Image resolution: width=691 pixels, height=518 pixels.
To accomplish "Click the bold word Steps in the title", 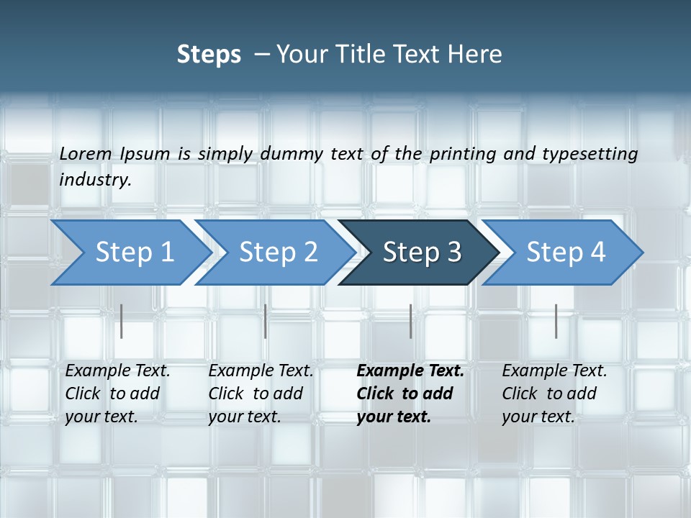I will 209,55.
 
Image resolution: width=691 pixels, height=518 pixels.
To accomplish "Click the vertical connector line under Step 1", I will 122,321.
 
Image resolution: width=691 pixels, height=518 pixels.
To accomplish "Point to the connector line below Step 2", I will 266,321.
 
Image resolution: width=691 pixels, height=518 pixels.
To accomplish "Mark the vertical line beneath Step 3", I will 411,321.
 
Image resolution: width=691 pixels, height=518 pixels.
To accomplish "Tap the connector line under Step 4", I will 556,321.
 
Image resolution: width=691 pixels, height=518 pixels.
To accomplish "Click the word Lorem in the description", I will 86,153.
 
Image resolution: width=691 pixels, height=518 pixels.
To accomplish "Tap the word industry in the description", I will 94,179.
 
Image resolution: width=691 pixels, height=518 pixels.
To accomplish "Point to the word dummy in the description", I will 291,154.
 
